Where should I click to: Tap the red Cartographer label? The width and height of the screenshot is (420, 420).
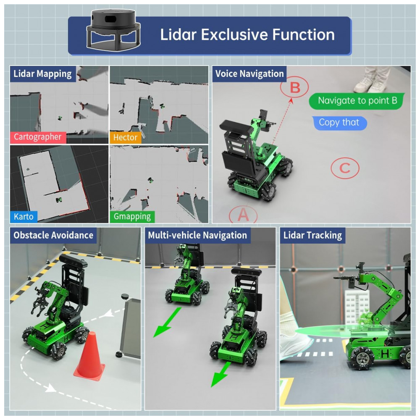[38, 137]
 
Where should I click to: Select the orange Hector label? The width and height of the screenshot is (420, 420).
[125, 137]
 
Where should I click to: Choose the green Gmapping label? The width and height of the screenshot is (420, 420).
[132, 217]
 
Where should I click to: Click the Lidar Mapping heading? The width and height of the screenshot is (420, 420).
[42, 74]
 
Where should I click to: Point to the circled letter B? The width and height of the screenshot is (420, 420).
[295, 88]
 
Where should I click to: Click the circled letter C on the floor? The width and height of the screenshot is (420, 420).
[344, 168]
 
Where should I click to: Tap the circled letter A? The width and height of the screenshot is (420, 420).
[243, 215]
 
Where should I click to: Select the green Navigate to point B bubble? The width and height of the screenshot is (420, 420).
[357, 101]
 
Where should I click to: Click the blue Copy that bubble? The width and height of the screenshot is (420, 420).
[339, 123]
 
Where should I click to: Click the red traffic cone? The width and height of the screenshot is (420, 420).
[90, 355]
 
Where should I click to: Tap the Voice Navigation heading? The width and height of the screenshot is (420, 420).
[249, 74]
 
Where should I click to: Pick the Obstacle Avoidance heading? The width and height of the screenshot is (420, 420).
[53, 235]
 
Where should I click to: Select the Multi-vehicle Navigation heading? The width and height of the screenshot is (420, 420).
[197, 235]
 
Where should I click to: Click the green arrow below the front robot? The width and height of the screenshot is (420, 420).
[221, 374]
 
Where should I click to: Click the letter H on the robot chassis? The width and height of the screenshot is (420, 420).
[384, 354]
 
